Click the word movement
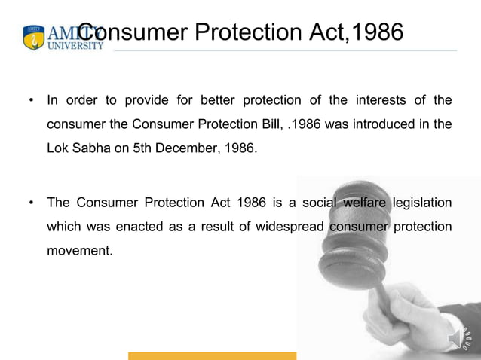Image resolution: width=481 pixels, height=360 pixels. pyautogui.click(x=80, y=251)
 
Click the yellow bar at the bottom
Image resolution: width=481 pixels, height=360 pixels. pyautogui.click(x=212, y=355)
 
